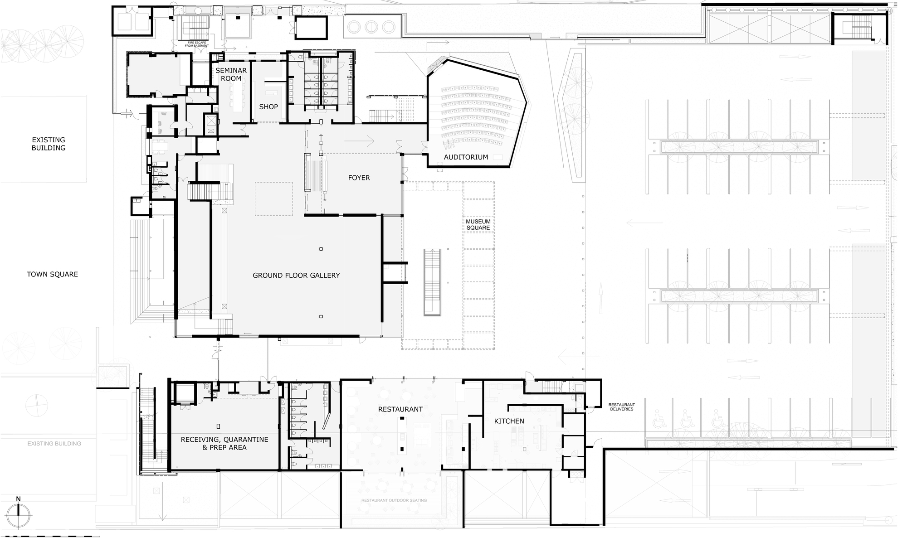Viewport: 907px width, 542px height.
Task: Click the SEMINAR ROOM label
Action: click(x=231, y=74)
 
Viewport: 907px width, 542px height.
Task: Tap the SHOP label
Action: click(x=268, y=107)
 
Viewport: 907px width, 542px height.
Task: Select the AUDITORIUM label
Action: click(x=466, y=157)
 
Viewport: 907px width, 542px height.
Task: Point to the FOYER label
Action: click(x=359, y=178)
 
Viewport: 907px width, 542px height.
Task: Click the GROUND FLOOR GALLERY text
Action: click(x=296, y=276)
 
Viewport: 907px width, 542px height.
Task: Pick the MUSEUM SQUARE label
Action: click(x=478, y=225)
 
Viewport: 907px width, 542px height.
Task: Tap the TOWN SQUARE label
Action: click(x=53, y=274)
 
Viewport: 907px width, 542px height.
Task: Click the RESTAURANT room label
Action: click(x=400, y=409)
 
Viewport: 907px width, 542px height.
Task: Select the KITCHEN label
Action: click(x=509, y=421)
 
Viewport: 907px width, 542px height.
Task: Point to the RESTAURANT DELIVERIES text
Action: click(x=621, y=407)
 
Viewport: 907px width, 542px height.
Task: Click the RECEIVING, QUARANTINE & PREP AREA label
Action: click(x=224, y=444)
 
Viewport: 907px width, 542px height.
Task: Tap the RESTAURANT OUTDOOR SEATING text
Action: click(x=394, y=500)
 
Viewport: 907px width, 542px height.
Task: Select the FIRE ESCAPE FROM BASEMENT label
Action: click(x=197, y=44)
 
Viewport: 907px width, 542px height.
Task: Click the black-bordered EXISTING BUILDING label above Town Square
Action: click(x=49, y=144)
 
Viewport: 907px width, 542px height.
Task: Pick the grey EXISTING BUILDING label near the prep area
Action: click(x=54, y=444)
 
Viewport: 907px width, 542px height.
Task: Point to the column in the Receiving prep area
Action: click(x=218, y=426)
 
